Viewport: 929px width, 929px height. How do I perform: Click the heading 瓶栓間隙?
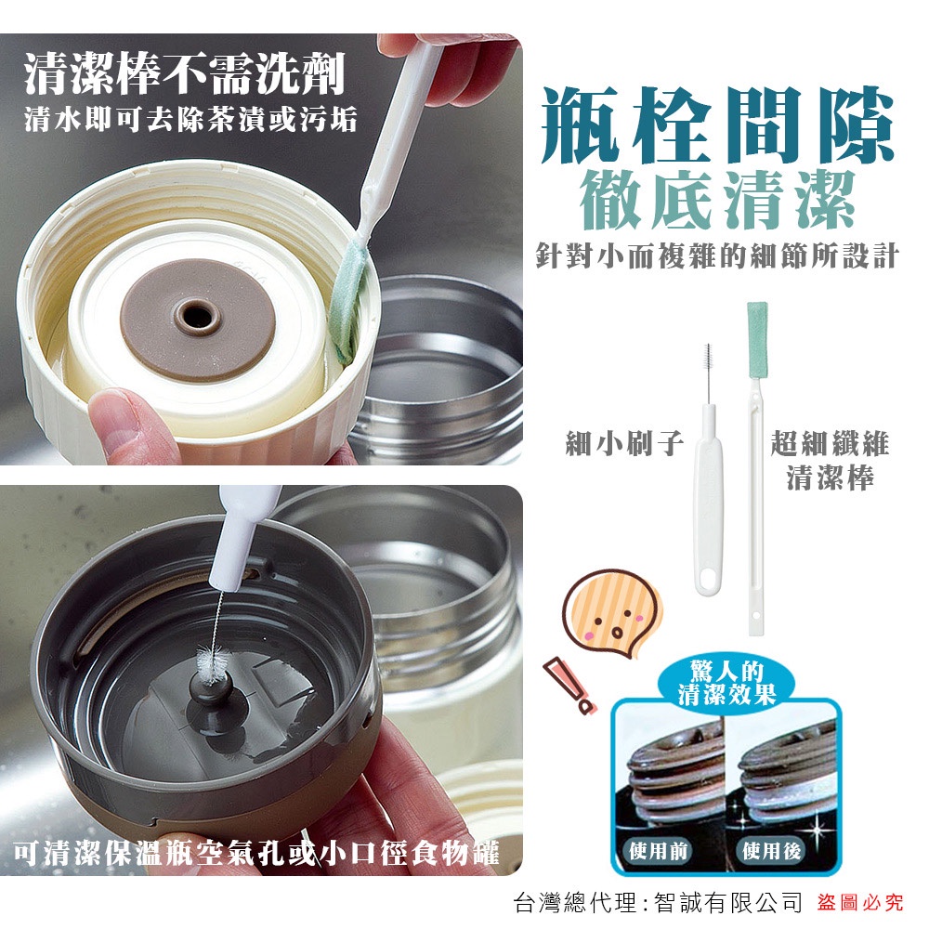717,125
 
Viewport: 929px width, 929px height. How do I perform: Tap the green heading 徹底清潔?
717,200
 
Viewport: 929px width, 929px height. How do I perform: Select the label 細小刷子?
625,443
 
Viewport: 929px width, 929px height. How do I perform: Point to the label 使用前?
658,851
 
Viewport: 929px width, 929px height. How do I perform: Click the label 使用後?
771,851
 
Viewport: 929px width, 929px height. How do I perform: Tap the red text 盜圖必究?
860,902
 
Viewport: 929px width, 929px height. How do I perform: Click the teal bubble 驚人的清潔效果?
726,683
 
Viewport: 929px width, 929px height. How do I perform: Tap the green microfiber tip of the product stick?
757,339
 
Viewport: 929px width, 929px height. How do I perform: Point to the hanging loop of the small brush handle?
708,580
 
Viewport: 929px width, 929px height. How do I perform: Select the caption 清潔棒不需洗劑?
184,73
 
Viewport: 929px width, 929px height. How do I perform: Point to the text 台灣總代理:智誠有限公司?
658,902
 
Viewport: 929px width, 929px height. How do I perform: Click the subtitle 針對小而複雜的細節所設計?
717,255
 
